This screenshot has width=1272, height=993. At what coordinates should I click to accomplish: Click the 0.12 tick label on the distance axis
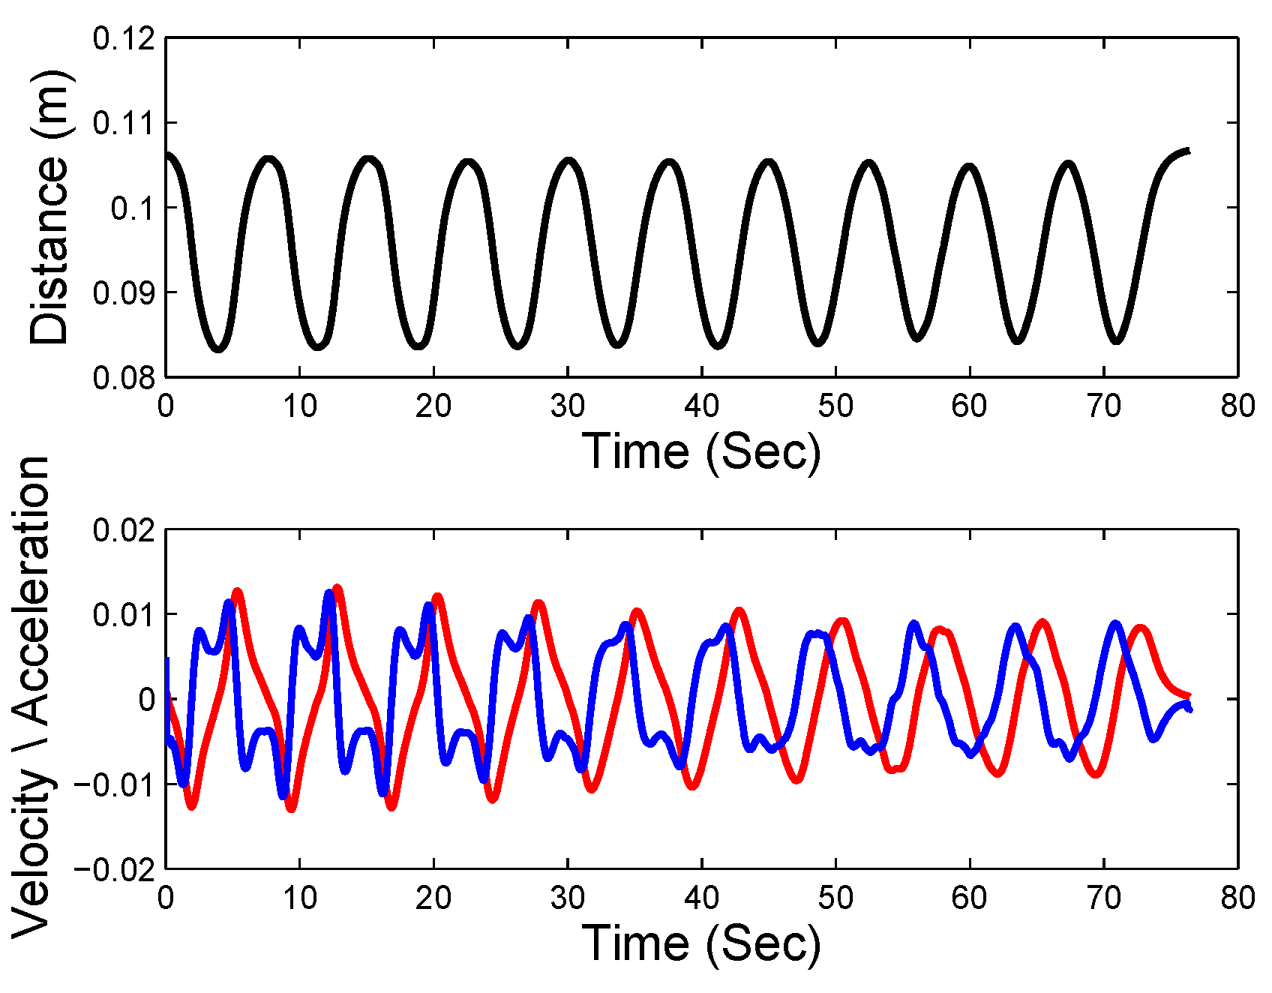click(124, 38)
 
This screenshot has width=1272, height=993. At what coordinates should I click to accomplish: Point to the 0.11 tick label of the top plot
click(124, 123)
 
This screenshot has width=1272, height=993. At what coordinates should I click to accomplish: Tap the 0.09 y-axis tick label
click(124, 292)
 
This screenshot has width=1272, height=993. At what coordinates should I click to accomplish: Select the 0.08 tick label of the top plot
click(124, 377)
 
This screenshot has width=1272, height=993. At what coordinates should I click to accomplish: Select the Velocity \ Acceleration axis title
click(31, 697)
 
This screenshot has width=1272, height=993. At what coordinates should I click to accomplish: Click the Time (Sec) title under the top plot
click(701, 451)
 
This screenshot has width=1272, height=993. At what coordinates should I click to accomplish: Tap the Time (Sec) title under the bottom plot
click(701, 943)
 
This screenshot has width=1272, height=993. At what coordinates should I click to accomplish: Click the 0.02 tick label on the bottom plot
click(124, 530)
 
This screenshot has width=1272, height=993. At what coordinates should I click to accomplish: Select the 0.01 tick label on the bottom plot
click(124, 616)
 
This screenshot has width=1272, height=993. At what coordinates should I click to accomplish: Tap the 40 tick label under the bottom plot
click(701, 898)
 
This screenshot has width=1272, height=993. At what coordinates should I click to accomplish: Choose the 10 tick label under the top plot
click(299, 406)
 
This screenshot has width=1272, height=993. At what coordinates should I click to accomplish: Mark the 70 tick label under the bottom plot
click(1103, 898)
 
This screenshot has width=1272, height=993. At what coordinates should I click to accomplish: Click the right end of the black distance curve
click(1189, 151)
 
